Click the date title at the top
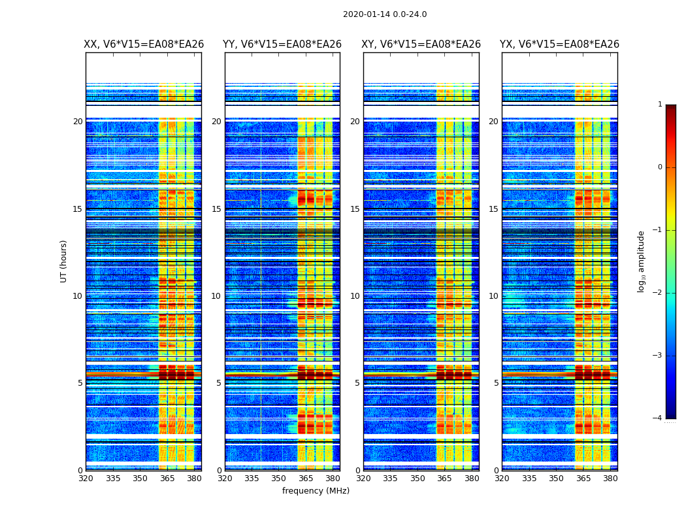coord(385,14)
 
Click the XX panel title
coord(144,44)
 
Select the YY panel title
coord(282,44)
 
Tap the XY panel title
coord(421,44)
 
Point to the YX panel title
coord(559,44)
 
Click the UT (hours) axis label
coord(64,261)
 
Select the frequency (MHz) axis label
coord(316,491)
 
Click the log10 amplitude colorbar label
coord(642,261)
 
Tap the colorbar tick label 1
coord(659,105)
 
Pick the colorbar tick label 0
coord(659,167)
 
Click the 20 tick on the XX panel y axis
coord(78,122)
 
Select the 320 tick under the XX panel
coord(86,479)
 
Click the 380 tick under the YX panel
coord(610,479)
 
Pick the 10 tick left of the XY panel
coord(354,296)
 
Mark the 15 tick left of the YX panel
coord(493,209)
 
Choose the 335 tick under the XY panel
coord(391,479)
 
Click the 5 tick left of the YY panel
coord(218,383)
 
